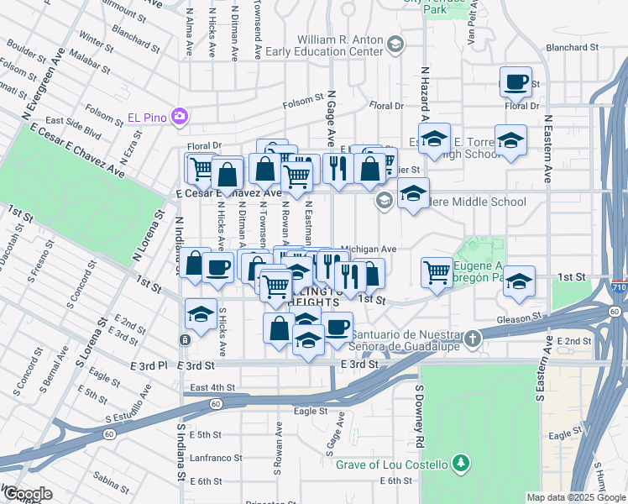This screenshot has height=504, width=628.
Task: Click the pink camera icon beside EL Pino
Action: click(179, 116)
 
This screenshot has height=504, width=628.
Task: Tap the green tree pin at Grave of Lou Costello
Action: click(460, 463)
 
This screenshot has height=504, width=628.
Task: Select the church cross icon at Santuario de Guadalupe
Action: click(474, 339)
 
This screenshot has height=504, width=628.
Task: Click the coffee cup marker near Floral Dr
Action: click(515, 82)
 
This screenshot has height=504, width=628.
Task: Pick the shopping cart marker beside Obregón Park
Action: click(437, 271)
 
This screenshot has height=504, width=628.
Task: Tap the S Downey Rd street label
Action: click(417, 417)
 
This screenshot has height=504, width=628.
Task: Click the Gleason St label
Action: click(520, 318)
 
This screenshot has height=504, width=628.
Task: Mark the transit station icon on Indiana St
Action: click(184, 339)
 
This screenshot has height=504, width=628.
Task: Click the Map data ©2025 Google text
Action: click(574, 497)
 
